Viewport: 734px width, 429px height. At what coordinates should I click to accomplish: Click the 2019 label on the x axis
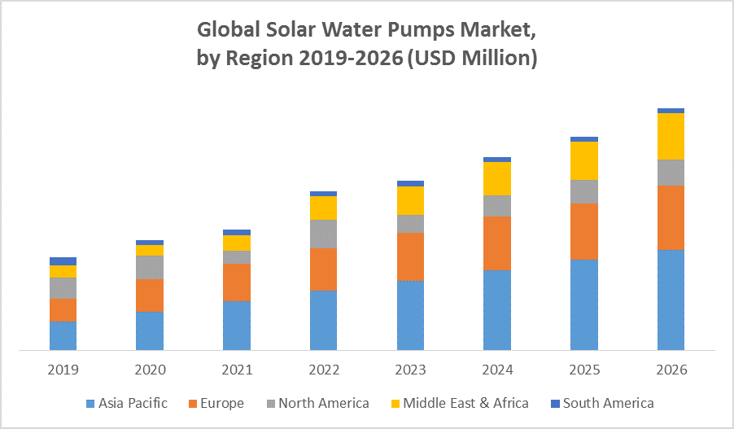click(x=63, y=370)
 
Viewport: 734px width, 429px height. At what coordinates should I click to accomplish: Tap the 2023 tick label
click(x=410, y=370)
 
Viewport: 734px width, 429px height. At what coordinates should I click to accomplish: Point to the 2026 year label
click(x=671, y=370)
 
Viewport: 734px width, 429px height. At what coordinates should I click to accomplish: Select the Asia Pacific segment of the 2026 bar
click(x=671, y=300)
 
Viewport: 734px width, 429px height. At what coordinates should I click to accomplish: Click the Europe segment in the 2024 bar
click(x=497, y=243)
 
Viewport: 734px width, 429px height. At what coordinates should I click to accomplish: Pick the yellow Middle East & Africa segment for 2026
click(x=671, y=136)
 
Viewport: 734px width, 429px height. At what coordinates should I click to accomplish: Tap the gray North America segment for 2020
click(x=150, y=267)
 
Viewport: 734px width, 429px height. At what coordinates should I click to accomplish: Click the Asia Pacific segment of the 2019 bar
click(x=63, y=335)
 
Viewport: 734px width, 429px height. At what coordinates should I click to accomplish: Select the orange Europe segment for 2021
click(x=237, y=282)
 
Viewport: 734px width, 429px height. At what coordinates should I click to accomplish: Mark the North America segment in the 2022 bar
click(x=323, y=234)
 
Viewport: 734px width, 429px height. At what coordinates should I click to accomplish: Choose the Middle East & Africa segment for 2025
click(x=584, y=160)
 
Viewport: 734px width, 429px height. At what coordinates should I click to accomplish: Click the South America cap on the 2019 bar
click(x=63, y=260)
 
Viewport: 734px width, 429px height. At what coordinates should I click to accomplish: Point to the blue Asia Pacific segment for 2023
click(x=410, y=315)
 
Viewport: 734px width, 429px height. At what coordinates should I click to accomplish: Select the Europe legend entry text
click(x=221, y=403)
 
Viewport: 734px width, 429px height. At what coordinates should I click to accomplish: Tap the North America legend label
click(x=323, y=403)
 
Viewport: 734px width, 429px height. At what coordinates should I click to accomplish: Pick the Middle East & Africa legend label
click(x=465, y=403)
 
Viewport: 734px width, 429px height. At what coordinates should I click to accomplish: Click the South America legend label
click(x=608, y=403)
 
